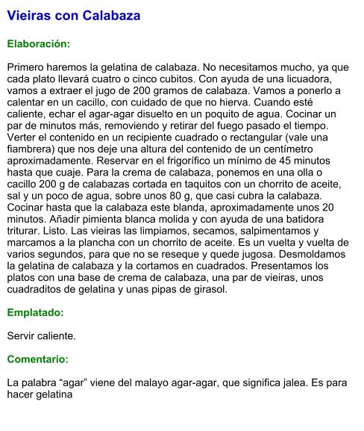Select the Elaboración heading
coord(39,44)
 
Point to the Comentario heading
coord(38,359)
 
